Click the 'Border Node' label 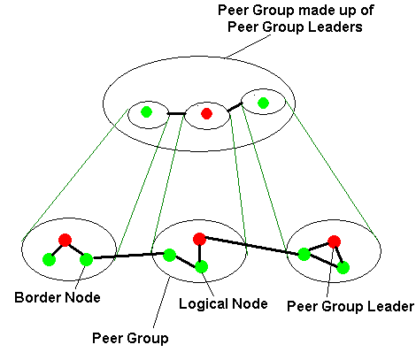58,297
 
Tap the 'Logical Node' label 223,303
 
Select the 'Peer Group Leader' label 351,307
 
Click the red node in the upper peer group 206,113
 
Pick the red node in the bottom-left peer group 65,240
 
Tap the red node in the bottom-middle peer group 199,239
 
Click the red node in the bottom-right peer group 334,241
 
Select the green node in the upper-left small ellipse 146,112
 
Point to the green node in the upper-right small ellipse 263,103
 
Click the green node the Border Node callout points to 86,260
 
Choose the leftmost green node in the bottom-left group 49,260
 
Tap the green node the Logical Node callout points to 201,267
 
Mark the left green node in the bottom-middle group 169,255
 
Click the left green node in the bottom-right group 304,254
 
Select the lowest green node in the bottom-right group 343,268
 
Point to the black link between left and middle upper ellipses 176,113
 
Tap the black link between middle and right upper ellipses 235,107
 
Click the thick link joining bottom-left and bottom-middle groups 128,256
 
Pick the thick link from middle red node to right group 251,245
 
